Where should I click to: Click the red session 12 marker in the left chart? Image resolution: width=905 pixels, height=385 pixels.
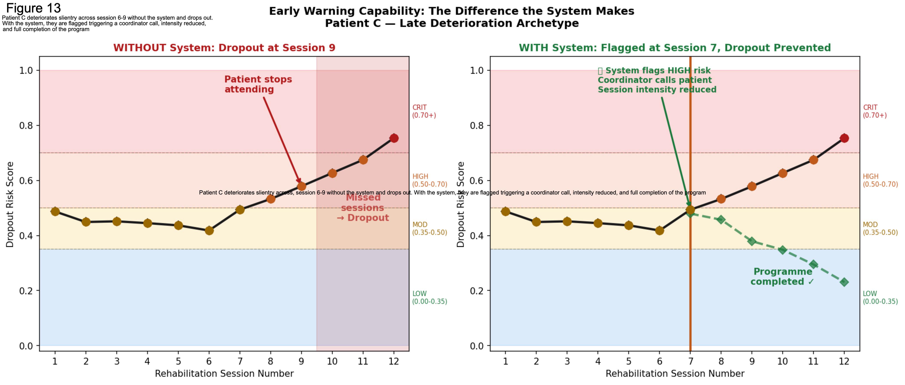tap(394, 138)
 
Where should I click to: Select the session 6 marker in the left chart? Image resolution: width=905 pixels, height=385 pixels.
tap(209, 231)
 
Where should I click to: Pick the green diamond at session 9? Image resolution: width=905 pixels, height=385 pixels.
tap(752, 241)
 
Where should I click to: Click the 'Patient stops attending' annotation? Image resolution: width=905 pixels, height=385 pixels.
tap(258, 84)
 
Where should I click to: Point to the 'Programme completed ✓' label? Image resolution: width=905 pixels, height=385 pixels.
tap(782, 277)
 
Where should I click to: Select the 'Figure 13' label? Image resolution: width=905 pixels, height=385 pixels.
tap(34, 8)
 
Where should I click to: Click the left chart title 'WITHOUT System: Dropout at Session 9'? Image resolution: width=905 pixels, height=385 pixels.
tap(224, 48)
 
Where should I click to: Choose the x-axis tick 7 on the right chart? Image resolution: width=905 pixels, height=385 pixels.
tap(690, 361)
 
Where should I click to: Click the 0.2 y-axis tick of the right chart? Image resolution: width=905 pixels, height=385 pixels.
tap(477, 291)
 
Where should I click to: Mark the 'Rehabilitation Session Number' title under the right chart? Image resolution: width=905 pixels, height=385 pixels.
tap(675, 374)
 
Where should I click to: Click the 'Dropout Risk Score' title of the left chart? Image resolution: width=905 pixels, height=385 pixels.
tap(10, 205)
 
